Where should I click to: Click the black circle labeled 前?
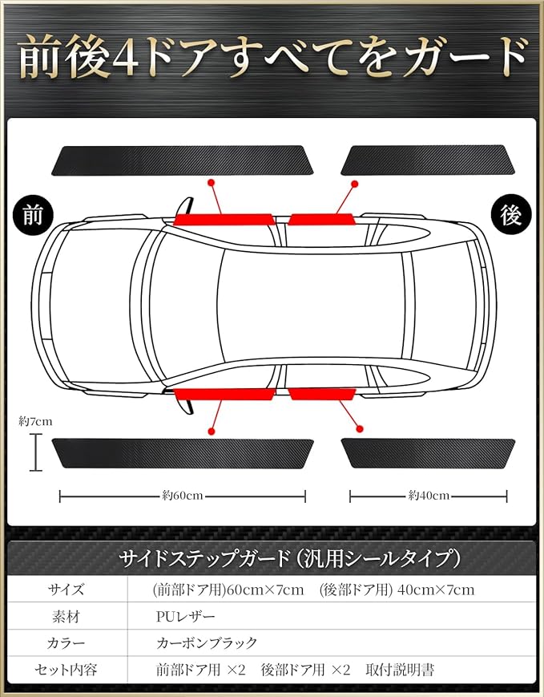tap(33, 215)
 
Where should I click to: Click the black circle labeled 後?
tap(510, 215)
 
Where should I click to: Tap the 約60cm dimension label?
tap(182, 496)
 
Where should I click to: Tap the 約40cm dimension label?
tap(428, 496)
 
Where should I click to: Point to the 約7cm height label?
tap(35, 420)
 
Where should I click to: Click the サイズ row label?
tap(66, 590)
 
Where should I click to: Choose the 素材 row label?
tap(66, 618)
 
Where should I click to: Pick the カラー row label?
tap(66, 643)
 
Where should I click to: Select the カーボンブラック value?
tap(207, 643)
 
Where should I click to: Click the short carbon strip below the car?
tap(428, 453)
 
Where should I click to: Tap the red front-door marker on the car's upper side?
tap(224, 219)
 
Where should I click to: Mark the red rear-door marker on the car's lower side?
tap(322, 394)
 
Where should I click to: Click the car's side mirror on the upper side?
tap(183, 207)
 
